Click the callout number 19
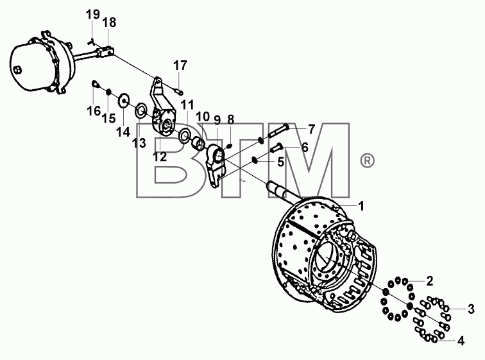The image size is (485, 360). point(93,14)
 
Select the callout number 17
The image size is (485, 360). point(180,65)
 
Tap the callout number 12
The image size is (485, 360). point(160,157)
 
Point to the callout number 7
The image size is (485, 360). point(311,129)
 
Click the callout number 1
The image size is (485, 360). point(361,206)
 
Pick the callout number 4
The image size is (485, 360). point(461,341)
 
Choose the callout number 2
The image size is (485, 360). point(430,281)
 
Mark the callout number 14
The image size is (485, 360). point(123,132)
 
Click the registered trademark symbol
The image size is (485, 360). point(367,161)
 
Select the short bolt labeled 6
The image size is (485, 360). point(277,147)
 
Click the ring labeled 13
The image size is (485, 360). point(140,110)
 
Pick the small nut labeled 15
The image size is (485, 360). point(108,92)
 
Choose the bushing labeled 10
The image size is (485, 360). point(199,144)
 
